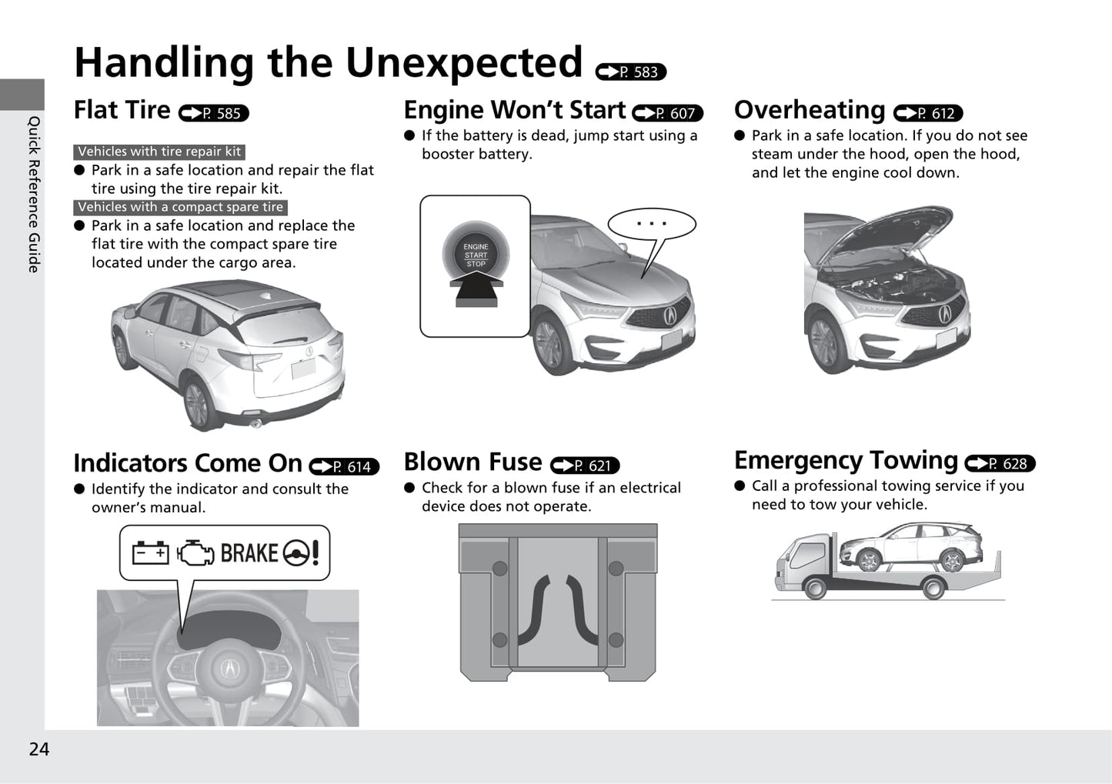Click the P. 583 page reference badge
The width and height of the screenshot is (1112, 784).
[x=630, y=72]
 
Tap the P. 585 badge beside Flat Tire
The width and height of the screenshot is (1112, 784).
[x=213, y=113]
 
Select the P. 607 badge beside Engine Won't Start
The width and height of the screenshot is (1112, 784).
[x=667, y=113]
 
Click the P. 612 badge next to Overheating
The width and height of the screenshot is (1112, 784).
[x=928, y=113]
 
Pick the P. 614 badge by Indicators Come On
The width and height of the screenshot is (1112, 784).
[x=344, y=466]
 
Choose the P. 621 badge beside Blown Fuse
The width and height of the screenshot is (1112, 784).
[x=585, y=465]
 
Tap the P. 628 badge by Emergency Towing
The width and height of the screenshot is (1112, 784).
[x=1000, y=463]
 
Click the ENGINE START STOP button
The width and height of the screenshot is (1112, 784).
[x=476, y=255]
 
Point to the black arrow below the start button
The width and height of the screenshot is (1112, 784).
[x=476, y=289]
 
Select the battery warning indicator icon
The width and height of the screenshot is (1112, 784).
[x=150, y=552]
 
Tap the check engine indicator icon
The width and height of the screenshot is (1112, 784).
[x=195, y=552]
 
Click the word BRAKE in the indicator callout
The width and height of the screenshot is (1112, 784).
[x=249, y=552]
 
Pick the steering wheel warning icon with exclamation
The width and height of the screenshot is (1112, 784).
[x=301, y=552]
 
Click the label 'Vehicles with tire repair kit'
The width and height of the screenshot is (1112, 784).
[x=159, y=152]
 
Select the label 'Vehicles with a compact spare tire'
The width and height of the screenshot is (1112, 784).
[x=180, y=207]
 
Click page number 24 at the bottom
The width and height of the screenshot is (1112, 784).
[x=39, y=749]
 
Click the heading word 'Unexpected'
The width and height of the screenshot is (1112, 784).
[x=464, y=63]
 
